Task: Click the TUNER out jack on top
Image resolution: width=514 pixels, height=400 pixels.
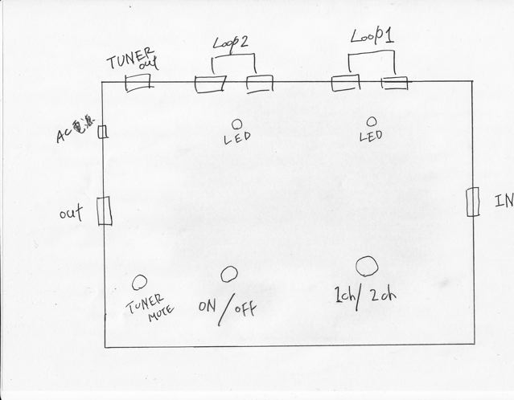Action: [139, 84]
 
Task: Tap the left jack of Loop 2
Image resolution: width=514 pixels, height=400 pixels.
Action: [210, 84]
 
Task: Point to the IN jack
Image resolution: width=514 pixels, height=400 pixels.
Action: [473, 202]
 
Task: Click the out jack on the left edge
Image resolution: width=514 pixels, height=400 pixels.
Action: [103, 212]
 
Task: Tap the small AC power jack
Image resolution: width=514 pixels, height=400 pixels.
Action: [102, 132]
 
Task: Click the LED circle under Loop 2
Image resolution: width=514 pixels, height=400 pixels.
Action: [237, 124]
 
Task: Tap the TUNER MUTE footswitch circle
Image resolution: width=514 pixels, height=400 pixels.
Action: [139, 282]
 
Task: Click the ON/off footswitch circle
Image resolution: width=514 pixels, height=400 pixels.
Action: [229, 275]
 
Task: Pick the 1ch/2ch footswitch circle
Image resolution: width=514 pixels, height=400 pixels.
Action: [367, 265]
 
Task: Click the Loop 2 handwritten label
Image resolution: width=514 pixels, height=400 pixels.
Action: [232, 43]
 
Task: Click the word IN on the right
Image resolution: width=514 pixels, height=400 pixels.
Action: [504, 201]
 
